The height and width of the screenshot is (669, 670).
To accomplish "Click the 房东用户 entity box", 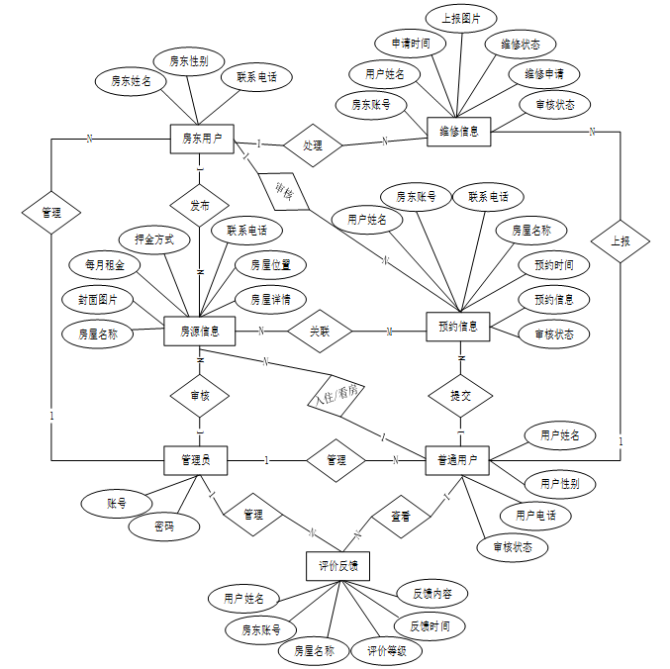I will (x=201, y=140).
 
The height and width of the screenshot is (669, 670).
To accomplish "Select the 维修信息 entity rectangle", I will (x=458, y=130).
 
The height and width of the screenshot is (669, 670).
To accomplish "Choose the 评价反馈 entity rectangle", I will (x=337, y=566).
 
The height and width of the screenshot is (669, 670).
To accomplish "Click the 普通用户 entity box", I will (x=457, y=459).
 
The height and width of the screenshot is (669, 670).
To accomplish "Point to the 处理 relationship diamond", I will (x=313, y=145).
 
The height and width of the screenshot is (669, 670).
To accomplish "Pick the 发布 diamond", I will (x=200, y=207).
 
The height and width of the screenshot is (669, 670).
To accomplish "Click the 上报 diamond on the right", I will (x=621, y=240).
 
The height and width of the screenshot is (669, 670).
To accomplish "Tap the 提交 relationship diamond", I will (x=460, y=395).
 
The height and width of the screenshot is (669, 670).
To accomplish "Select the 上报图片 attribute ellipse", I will (x=461, y=18).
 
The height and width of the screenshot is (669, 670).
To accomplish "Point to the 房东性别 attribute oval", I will (x=189, y=61).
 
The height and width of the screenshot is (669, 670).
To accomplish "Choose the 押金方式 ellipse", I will (x=161, y=239).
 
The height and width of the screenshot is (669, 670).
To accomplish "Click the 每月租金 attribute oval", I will (x=105, y=264).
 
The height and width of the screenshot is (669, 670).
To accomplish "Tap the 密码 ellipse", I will (x=163, y=526).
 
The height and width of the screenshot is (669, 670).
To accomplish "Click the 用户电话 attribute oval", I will (x=535, y=516).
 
